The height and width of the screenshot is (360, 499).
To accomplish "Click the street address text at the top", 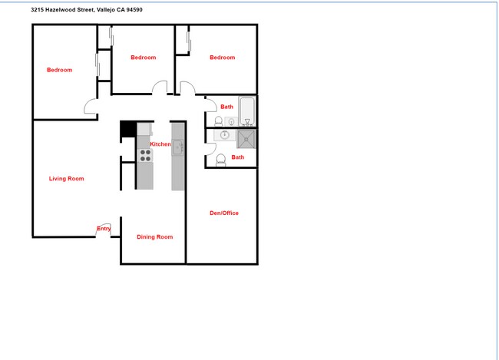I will tap(86, 10).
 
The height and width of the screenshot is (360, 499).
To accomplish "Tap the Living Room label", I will tap(66, 179).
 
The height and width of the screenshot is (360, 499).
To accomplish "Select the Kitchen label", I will tap(160, 144).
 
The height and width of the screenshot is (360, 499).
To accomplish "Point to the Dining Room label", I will tap(154, 237).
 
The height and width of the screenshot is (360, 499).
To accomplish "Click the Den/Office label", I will tap(223, 213).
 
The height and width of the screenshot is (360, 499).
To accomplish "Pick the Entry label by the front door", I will tap(104, 229).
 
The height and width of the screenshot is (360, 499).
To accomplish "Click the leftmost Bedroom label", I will tap(59, 70).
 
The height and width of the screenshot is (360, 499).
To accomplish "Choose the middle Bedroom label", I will tap(143, 58).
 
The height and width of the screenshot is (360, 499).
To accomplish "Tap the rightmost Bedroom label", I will tap(222, 58).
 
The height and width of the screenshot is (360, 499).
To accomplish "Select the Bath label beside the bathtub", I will tap(226, 107).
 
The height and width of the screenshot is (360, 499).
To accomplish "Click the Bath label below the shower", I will tap(238, 157).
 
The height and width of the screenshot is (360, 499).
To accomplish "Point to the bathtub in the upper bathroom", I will tap(247, 111).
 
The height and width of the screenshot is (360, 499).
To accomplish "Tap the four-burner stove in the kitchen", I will tap(144, 156).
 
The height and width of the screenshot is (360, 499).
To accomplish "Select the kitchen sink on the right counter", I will tap(177, 147).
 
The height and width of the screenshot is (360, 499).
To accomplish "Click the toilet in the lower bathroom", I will tap(221, 160).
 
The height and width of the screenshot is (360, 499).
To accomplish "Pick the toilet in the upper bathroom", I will tap(219, 121).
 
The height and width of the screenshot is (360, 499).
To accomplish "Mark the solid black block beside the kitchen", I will tap(127, 131).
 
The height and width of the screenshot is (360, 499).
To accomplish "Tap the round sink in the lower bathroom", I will tap(225, 135).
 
